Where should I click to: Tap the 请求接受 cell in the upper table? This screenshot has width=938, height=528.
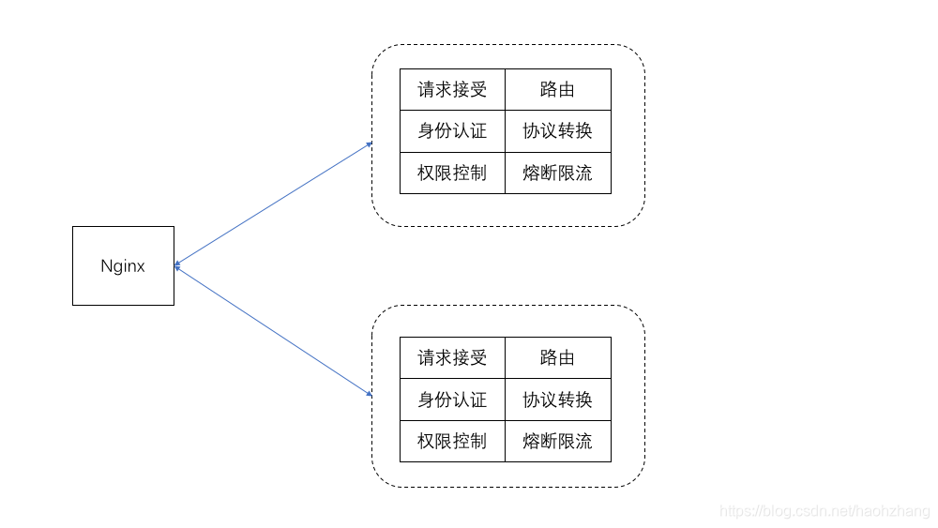click(x=452, y=89)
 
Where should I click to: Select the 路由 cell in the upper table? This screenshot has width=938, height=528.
click(x=557, y=89)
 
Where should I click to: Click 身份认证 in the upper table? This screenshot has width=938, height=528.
click(x=452, y=131)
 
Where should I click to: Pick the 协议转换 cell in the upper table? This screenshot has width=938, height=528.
click(x=557, y=131)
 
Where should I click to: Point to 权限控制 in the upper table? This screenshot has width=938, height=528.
click(x=452, y=173)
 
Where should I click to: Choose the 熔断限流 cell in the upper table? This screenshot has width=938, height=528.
click(x=557, y=173)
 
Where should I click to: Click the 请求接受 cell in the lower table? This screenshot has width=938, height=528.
click(x=452, y=357)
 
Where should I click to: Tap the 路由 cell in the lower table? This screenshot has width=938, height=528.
click(x=557, y=357)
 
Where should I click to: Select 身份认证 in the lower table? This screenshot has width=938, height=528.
click(x=452, y=400)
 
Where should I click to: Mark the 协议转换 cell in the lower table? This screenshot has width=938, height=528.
click(x=557, y=400)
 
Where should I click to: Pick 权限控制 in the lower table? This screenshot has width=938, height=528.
click(x=452, y=441)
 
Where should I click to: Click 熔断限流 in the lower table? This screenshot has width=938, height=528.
click(x=557, y=441)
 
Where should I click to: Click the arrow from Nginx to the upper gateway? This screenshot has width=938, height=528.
click(x=274, y=204)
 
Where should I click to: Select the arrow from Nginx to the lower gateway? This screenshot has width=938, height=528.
click(x=274, y=331)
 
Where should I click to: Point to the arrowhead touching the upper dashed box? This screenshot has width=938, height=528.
click(x=370, y=144)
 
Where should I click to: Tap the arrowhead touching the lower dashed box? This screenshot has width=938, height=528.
click(x=370, y=394)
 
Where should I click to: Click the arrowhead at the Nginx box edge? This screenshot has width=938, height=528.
click(x=177, y=265)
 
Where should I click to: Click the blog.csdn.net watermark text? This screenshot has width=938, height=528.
click(x=825, y=512)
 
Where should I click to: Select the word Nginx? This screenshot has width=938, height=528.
click(x=123, y=265)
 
